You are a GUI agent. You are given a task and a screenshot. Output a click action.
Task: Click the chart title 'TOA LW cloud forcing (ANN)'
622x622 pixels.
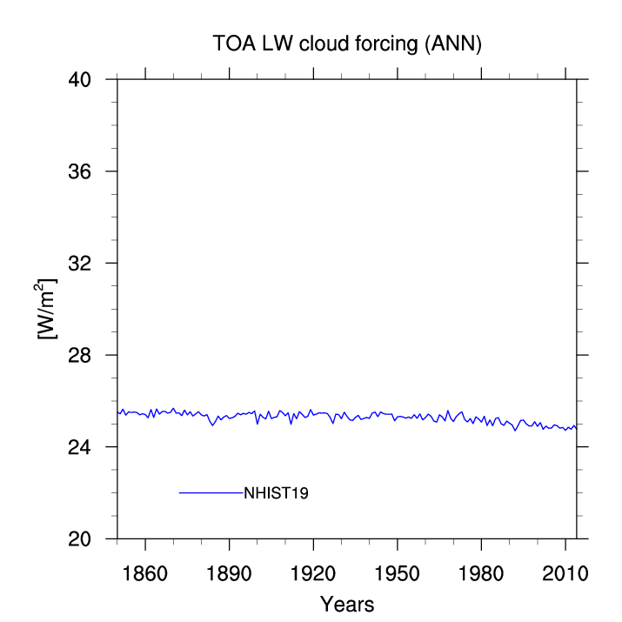pos(347,43)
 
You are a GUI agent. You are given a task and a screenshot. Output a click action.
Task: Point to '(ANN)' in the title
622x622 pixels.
pos(453,43)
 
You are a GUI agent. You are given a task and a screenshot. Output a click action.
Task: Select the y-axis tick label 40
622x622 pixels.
pos(79,80)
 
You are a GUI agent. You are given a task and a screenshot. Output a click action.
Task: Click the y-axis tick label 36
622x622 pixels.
pos(79,171)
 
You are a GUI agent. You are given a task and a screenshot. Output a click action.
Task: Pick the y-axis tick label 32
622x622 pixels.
pos(79,263)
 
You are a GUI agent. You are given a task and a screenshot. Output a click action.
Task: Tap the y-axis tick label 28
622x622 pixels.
pos(79,355)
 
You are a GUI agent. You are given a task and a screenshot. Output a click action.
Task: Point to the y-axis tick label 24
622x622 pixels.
pos(79,447)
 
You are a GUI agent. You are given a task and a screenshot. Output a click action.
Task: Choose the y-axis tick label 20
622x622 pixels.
pos(79,538)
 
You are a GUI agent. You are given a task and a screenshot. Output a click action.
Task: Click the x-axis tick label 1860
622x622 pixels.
pos(144,573)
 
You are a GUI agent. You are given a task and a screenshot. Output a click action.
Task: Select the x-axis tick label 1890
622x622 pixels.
pos(229,573)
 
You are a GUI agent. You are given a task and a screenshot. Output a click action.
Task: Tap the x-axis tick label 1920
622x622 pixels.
pos(313,573)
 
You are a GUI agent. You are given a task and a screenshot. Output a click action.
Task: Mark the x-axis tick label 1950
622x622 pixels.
pos(397,573)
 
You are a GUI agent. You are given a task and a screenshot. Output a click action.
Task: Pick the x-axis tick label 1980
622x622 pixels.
pos(481,573)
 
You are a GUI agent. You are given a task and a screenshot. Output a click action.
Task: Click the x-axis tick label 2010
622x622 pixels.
pos(565,573)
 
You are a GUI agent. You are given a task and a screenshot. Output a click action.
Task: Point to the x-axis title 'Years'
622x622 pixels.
pos(347,604)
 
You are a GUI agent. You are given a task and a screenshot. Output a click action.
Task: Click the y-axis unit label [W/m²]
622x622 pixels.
pos(45,309)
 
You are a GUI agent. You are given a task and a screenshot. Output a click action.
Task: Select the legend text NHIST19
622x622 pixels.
pos(276,493)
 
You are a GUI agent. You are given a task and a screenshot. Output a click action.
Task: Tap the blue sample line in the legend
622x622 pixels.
pos(211,492)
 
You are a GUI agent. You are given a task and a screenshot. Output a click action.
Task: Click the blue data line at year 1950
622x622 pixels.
pos(397,417)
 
